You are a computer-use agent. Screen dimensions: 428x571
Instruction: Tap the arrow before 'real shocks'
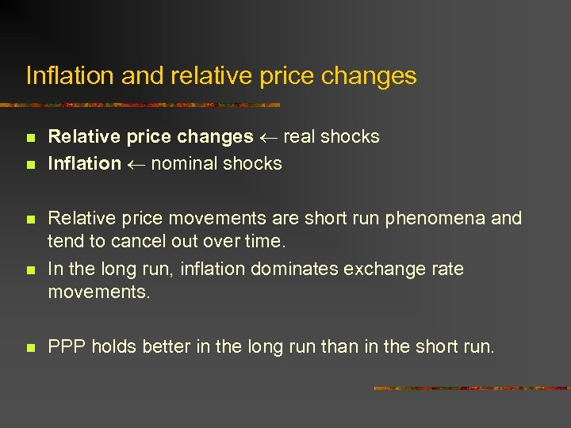(267, 137)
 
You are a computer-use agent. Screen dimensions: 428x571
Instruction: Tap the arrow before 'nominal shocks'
(136, 164)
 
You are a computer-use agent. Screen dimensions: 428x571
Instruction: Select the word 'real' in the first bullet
(299, 136)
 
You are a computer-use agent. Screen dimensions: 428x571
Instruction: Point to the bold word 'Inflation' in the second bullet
(84, 163)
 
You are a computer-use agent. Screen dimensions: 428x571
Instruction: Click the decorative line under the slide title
(143, 105)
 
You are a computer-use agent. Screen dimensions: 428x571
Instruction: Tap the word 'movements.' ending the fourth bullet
(98, 292)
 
